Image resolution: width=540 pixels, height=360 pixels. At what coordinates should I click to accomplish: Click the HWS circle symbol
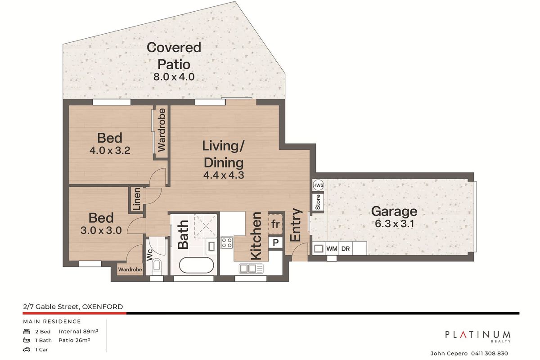click(318, 185)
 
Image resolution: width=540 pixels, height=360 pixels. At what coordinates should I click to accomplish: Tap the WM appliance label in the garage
click(332, 248)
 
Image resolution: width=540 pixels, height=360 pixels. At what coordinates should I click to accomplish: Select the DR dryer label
click(346, 248)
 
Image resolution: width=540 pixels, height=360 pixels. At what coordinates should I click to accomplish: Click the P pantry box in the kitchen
click(275, 243)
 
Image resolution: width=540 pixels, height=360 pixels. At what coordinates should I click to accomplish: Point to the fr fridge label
click(275, 224)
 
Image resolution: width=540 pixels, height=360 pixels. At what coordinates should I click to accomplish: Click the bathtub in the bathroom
click(196, 265)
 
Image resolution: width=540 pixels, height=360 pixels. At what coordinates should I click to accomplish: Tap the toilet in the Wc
click(157, 265)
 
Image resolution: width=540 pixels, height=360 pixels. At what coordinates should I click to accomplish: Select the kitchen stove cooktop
click(227, 243)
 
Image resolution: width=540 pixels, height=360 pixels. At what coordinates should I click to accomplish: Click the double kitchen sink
click(251, 268)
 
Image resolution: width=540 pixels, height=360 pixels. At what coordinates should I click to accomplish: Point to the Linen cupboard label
click(136, 199)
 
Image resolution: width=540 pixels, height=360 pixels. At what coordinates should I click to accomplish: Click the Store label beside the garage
click(318, 202)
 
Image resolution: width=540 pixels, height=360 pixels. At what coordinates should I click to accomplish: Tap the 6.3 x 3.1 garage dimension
click(395, 224)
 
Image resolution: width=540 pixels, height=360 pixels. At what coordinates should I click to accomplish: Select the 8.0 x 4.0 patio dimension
click(174, 77)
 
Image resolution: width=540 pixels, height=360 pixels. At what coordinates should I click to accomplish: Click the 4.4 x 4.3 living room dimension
click(224, 175)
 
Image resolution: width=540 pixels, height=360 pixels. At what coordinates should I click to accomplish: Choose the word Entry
click(296, 225)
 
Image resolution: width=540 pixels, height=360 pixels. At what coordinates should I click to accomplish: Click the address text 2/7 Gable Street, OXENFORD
click(73, 307)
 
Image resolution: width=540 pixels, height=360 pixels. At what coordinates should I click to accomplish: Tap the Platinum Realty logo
click(478, 336)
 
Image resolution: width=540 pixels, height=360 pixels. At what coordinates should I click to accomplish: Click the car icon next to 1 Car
click(26, 349)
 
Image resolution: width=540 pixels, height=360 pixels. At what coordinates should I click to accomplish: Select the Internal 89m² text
click(78, 331)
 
